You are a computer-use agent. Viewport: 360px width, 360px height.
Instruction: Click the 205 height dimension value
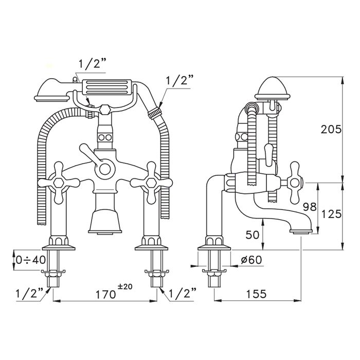[331, 130]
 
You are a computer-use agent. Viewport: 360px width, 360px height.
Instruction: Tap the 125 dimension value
[331, 214]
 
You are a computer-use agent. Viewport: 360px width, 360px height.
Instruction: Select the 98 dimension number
[310, 207]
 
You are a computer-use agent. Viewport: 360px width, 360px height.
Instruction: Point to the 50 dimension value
[253, 235]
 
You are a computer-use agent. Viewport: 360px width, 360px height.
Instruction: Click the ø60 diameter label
[251, 260]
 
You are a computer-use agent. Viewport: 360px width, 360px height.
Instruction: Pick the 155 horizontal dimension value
[256, 294]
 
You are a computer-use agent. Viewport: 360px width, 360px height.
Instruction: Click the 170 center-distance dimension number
[105, 294]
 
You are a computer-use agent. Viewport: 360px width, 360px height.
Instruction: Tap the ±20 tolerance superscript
[125, 287]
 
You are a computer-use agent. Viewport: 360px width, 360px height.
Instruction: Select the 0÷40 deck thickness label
[30, 260]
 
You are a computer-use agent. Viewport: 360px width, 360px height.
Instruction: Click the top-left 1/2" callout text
[92, 64]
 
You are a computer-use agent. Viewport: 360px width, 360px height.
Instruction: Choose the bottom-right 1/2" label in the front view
[182, 293]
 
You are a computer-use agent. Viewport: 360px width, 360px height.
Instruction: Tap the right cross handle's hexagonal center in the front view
[151, 183]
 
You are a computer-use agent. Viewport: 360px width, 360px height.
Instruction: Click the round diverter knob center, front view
[105, 169]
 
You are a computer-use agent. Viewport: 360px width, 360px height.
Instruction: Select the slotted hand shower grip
[107, 87]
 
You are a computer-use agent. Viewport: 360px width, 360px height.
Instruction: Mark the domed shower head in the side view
[272, 88]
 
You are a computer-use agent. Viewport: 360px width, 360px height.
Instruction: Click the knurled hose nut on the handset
[154, 112]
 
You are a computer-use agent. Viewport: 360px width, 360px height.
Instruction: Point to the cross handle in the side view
[294, 183]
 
